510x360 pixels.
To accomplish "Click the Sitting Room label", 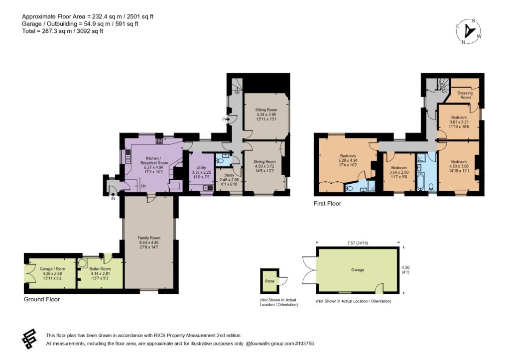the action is pos(266,110).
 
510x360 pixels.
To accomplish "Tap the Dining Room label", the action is pos(264,161).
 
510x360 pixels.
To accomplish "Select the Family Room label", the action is pos(149,238).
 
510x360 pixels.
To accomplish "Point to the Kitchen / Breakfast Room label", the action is pos(154,160).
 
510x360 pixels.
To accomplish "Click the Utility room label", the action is pos(201,168).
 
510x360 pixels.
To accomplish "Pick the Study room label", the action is pos(229,175).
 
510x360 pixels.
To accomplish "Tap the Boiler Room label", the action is pos(100,269).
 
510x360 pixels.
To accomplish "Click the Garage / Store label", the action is pos(52,269).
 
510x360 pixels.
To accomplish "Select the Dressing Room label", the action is pos(465,95).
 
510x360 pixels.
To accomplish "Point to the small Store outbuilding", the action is pos(269,281).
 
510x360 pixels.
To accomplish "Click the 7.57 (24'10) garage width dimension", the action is pos(358,243).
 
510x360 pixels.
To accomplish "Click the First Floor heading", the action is pos(327,204).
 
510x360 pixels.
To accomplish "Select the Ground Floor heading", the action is pos(42,299).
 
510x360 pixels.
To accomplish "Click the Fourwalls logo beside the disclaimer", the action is pos(29,339).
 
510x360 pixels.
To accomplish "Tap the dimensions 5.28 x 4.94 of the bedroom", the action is pos(348,160).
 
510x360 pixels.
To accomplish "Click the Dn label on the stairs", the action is pos(444,92).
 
